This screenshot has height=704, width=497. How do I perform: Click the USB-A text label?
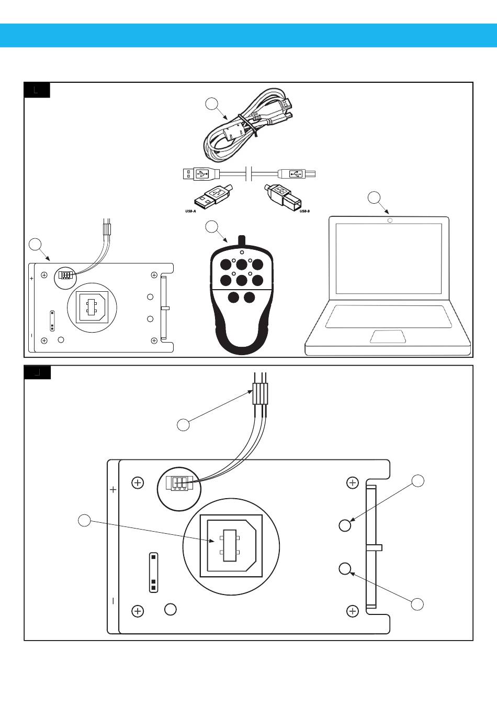click(x=190, y=211)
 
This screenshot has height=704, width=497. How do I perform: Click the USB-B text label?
click(x=304, y=211)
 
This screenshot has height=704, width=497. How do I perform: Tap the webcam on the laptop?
click(x=390, y=220)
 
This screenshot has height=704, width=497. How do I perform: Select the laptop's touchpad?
click(x=388, y=336)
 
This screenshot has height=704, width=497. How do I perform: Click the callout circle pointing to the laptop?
click(x=374, y=197)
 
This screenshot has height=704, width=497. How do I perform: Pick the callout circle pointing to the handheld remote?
click(x=211, y=226)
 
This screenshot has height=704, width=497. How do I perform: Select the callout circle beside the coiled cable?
click(x=211, y=104)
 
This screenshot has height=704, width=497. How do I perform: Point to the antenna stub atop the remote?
click(x=242, y=240)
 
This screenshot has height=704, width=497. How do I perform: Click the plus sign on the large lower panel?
click(x=114, y=490)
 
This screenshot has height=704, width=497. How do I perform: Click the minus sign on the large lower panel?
click(x=114, y=601)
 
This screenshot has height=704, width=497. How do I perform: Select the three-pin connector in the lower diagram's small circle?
click(x=179, y=482)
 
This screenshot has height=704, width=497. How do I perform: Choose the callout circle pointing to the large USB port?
click(x=84, y=520)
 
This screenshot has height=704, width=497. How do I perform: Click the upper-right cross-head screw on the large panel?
click(x=353, y=482)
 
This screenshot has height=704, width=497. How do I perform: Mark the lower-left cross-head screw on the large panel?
click(x=138, y=611)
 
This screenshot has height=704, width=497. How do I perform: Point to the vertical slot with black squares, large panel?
click(x=153, y=572)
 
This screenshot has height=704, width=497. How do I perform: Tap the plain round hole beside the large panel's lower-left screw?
click(x=170, y=609)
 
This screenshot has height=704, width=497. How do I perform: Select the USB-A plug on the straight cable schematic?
click(x=197, y=173)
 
